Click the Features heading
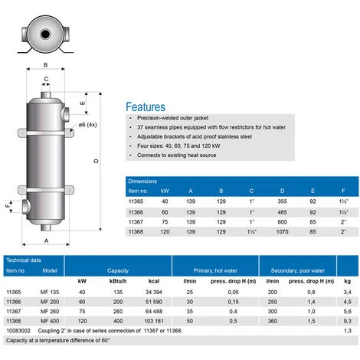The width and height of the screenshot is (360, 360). click(x=146, y=107)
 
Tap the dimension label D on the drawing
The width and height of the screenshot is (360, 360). click(x=96, y=161)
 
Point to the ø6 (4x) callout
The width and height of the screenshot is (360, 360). click(x=87, y=125)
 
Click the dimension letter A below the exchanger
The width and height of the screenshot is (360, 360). click(x=46, y=241)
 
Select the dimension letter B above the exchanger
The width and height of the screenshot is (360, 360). click(x=46, y=65)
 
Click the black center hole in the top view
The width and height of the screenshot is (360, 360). click(x=45, y=34)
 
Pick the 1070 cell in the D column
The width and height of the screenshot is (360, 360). click(x=282, y=231)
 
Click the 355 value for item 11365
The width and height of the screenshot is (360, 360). click(x=282, y=201)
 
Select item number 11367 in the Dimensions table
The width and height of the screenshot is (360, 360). click(x=136, y=222)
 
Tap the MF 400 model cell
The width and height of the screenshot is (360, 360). click(x=50, y=321)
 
